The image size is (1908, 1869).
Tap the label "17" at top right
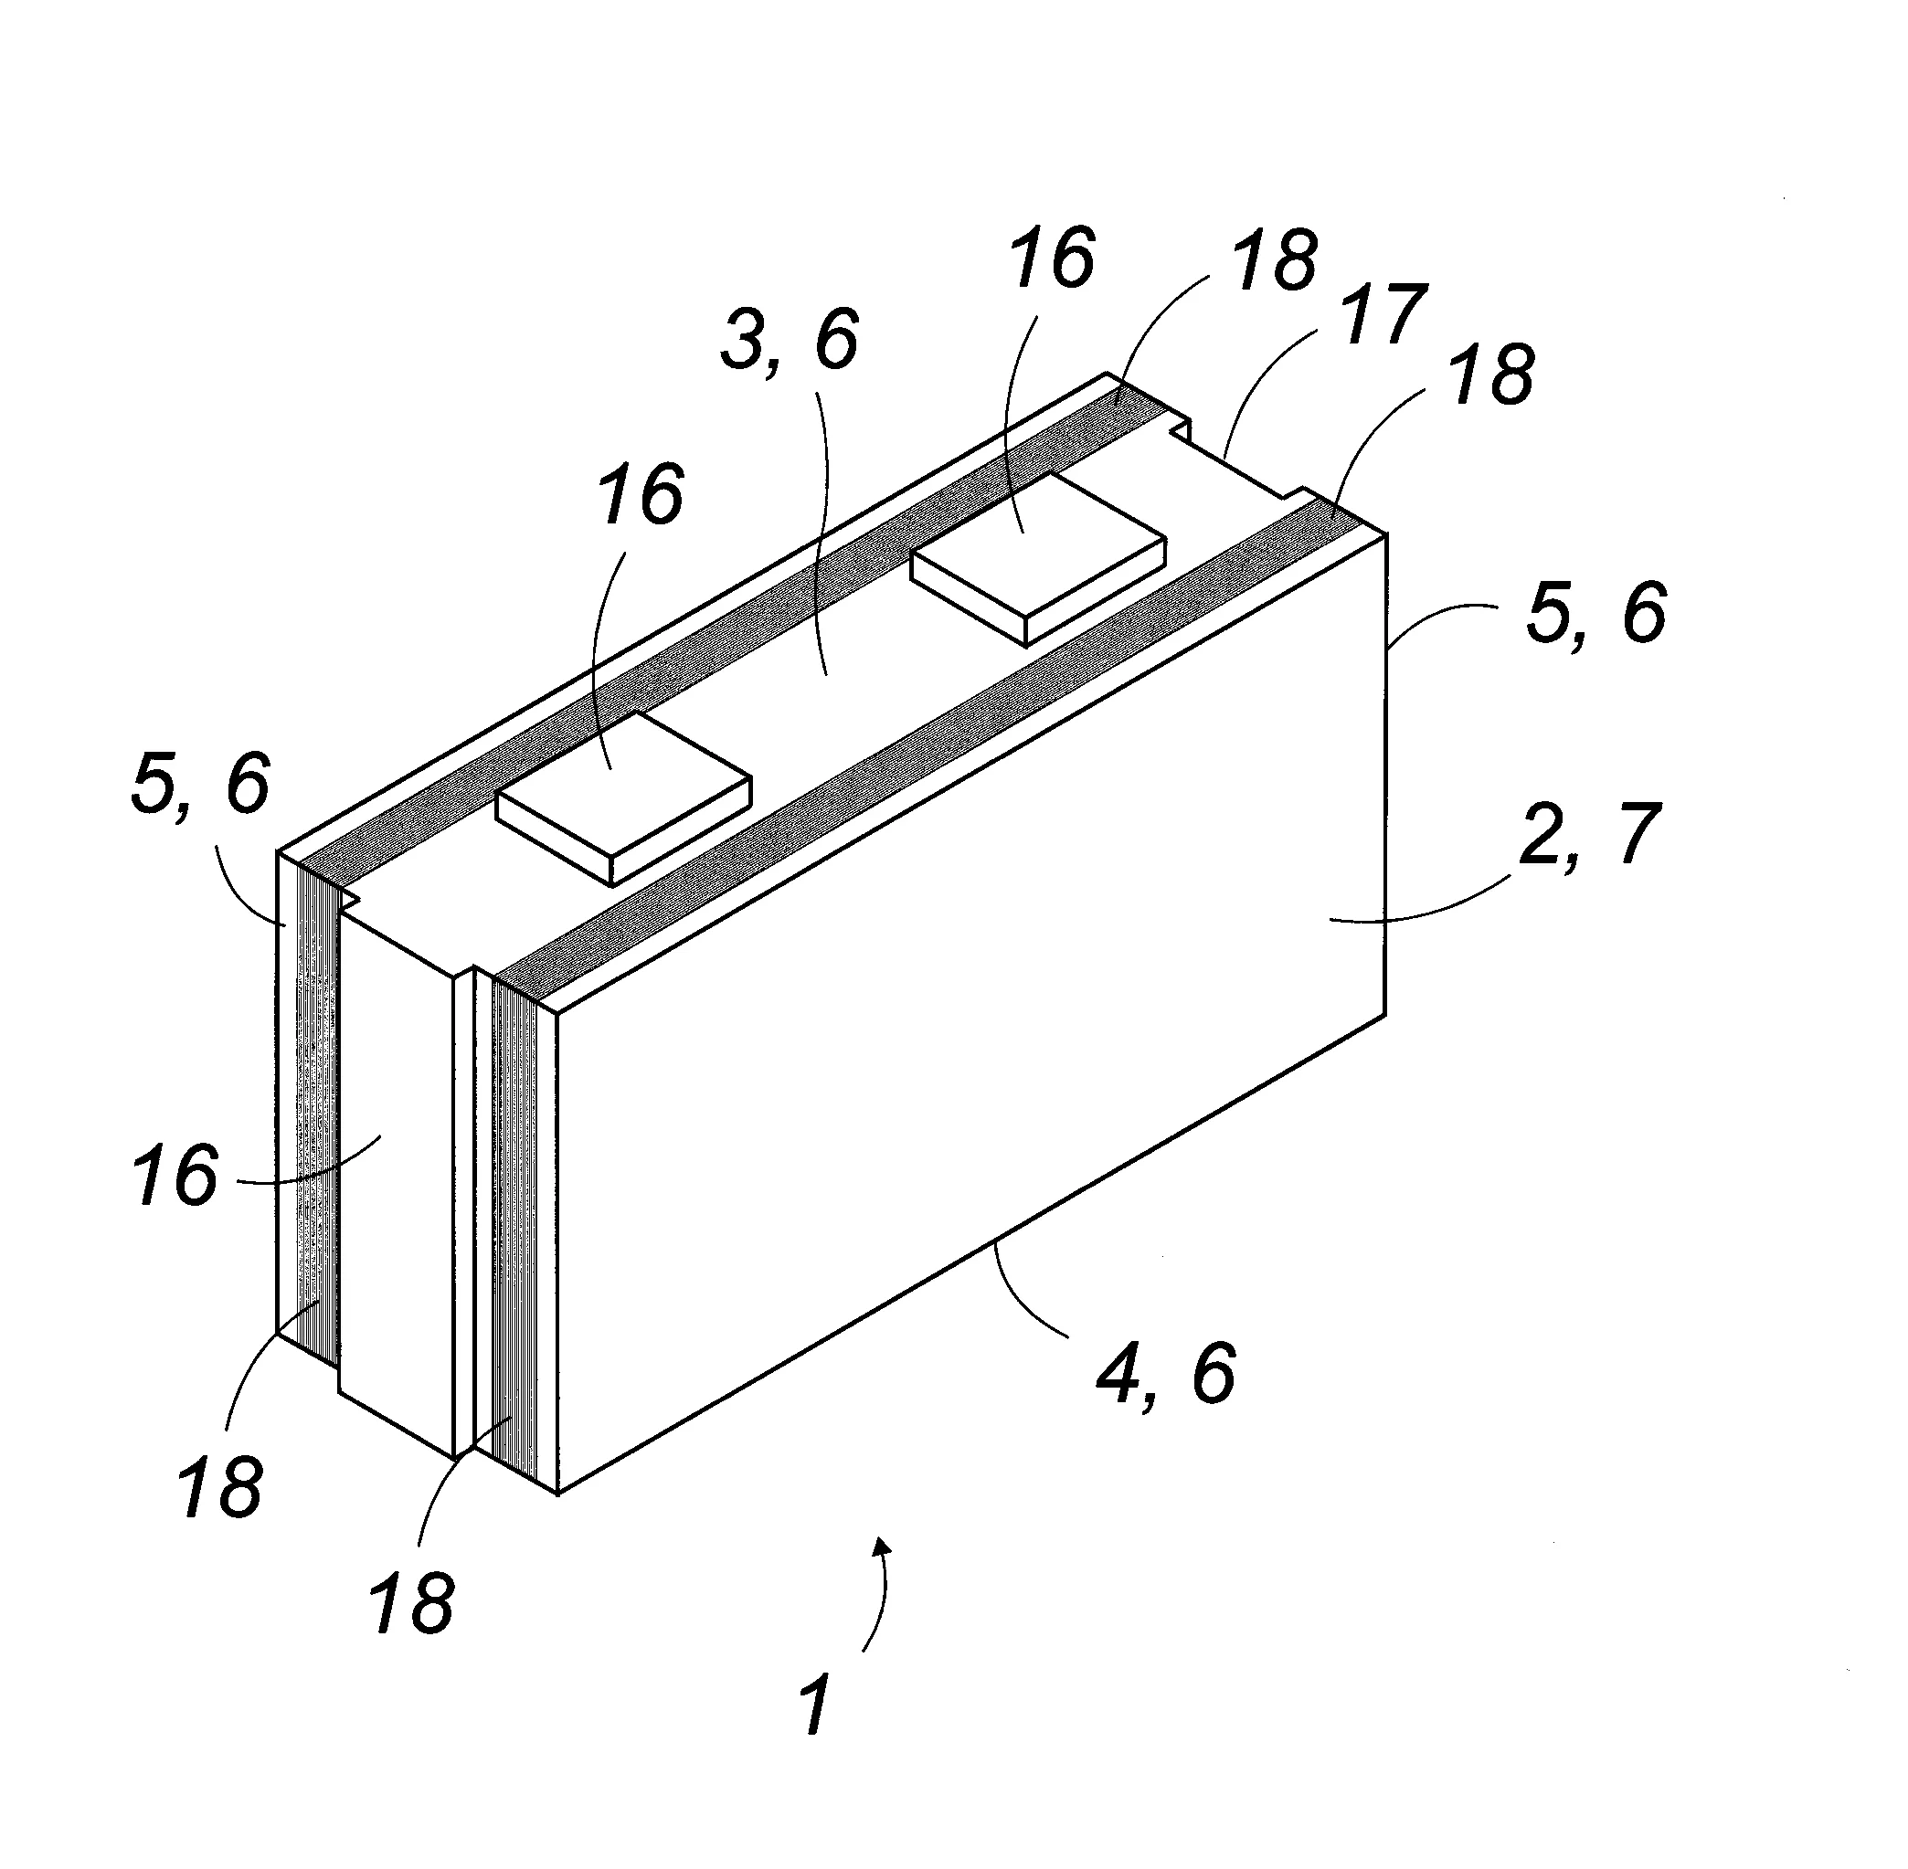coord(1382,316)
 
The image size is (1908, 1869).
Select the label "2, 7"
coord(1589,834)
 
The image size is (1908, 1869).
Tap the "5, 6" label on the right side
coord(1595,614)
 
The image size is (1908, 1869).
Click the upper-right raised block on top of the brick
coord(1038,557)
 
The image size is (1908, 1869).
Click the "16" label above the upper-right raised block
coord(1053,259)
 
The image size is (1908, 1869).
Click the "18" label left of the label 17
coord(1275,262)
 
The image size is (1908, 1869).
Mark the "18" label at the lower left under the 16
coord(220,1487)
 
